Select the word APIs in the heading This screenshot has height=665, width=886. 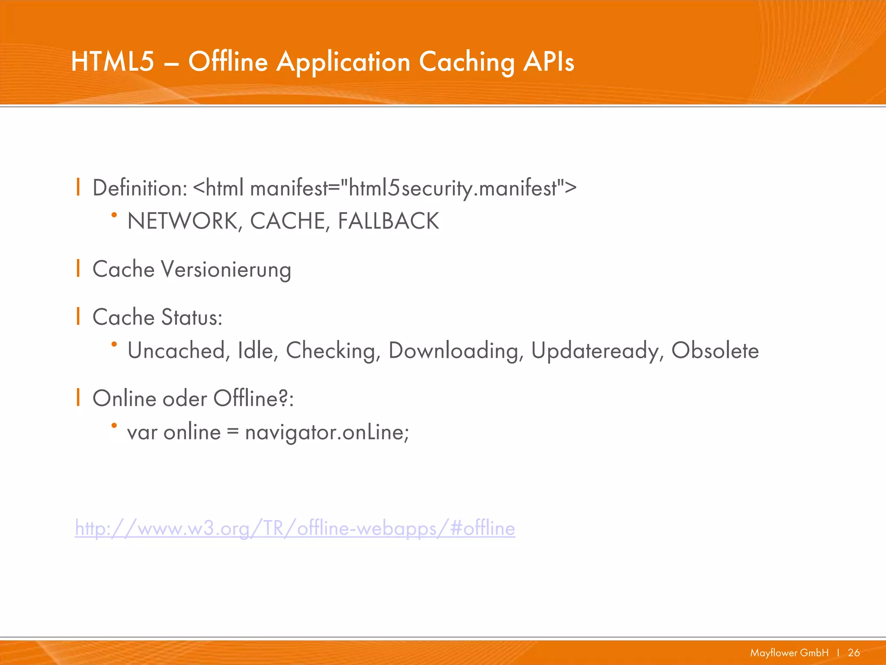[549, 61]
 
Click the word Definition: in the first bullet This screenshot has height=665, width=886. [140, 188]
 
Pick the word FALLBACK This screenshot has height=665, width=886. [388, 221]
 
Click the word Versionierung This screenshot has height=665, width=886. [226, 270]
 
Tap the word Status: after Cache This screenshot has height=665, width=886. [192, 317]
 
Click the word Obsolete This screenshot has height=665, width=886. [715, 350]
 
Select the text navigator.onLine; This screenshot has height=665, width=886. [327, 432]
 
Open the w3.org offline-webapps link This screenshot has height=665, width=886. [295, 529]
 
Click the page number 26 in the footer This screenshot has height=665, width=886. [854, 652]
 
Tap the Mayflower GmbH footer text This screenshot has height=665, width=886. [789, 652]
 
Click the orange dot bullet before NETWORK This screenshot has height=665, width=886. [114, 215]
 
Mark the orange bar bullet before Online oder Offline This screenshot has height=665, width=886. [78, 397]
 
